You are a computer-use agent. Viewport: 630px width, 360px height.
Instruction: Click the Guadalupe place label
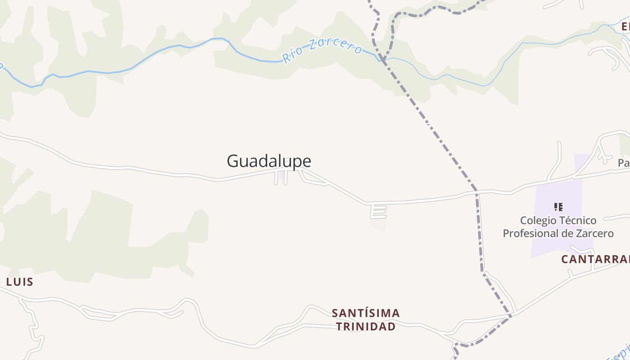269,161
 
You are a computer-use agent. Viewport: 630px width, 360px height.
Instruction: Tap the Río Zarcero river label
322,50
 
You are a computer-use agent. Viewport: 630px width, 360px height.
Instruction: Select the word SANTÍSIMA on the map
365,313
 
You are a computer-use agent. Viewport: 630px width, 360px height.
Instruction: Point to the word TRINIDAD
365,327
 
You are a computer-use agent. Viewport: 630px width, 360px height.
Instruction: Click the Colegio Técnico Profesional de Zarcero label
558,227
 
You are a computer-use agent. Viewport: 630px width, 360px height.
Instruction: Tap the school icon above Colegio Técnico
558,207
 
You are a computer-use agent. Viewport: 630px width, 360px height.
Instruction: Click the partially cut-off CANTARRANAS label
595,259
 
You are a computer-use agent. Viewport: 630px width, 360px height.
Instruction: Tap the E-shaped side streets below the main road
378,211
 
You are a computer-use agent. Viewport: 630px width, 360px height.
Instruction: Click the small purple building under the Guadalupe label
282,175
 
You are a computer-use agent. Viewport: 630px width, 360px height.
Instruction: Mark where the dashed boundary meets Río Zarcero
382,59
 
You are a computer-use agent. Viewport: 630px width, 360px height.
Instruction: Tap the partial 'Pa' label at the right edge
624,163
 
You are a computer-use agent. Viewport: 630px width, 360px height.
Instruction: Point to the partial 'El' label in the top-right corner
625,27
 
